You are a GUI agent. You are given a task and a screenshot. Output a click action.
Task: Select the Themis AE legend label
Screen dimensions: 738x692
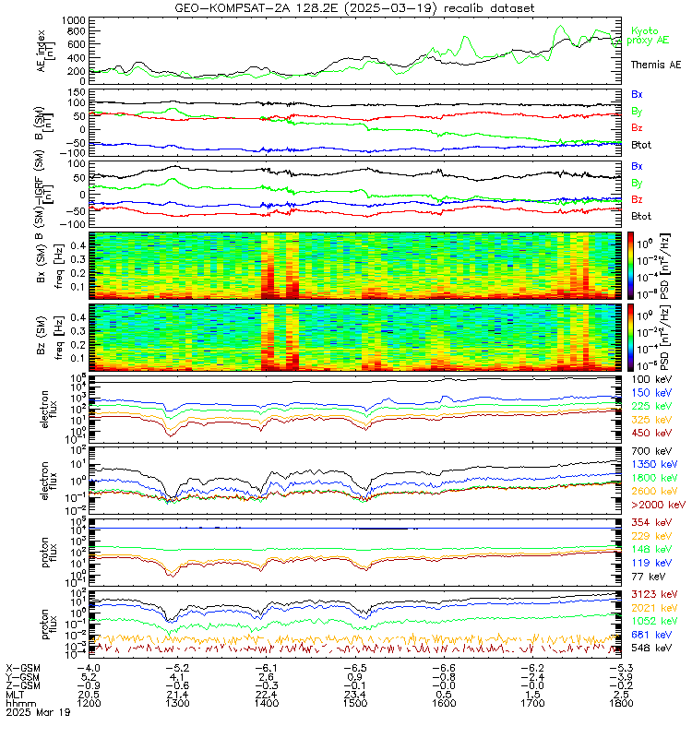point(655,65)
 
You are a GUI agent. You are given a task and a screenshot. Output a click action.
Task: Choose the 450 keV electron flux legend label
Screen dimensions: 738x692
point(650,433)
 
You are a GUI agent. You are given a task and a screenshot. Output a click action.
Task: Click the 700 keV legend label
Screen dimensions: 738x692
point(650,449)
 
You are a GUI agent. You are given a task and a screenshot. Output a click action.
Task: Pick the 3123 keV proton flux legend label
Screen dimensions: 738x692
point(654,596)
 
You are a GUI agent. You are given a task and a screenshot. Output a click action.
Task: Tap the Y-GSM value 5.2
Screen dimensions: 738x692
point(89,675)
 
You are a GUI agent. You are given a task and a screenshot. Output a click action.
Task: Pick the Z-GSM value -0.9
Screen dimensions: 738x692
point(89,684)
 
